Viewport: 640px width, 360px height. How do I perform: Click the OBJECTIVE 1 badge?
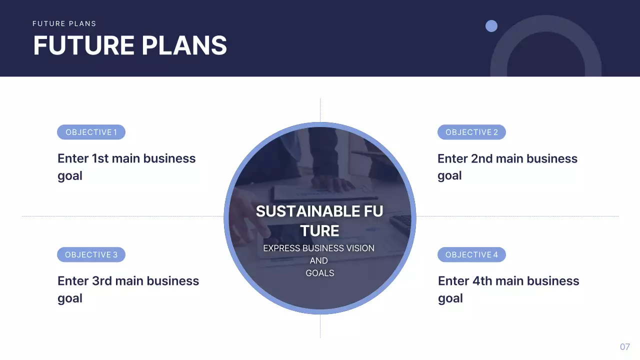(x=91, y=132)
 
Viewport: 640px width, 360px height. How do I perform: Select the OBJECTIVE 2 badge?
(x=471, y=132)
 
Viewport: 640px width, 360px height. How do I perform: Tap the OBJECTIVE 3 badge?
(x=91, y=255)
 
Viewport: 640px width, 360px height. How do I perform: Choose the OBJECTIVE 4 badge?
(x=471, y=255)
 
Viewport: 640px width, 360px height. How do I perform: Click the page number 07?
(x=625, y=347)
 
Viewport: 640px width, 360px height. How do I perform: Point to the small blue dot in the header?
(x=491, y=26)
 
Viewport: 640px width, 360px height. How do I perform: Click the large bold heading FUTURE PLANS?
(x=130, y=45)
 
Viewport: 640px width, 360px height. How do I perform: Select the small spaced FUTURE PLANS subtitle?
(x=64, y=23)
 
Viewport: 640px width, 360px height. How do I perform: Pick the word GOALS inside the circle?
(x=320, y=273)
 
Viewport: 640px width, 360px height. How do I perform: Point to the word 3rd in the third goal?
(x=102, y=281)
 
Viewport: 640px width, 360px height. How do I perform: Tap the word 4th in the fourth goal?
(x=482, y=281)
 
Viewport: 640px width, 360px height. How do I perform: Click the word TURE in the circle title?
(x=320, y=231)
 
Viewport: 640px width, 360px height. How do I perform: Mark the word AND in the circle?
(x=319, y=260)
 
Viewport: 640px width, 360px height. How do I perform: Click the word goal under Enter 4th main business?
(x=450, y=298)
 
